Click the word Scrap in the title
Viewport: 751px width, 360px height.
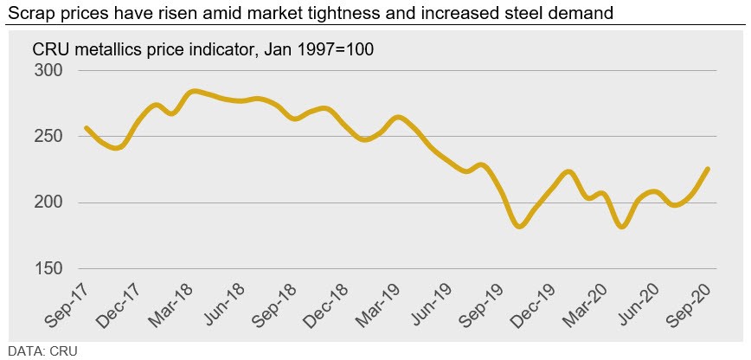[27, 13]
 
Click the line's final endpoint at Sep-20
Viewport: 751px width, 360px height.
[709, 169]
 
